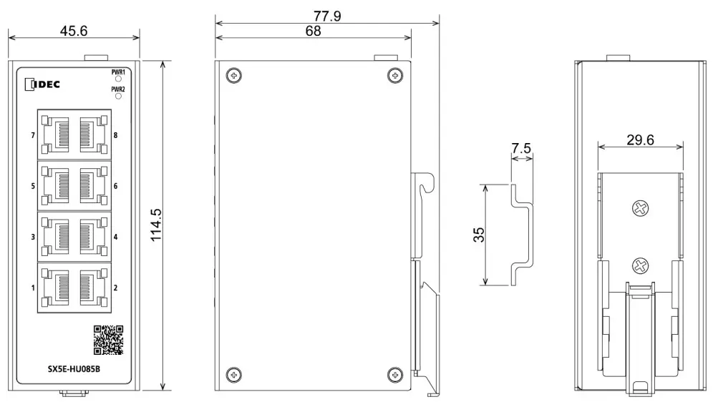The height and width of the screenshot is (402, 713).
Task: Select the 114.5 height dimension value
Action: [155, 225]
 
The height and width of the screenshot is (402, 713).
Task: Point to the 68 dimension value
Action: [313, 31]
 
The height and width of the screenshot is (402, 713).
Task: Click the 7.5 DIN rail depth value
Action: [522, 149]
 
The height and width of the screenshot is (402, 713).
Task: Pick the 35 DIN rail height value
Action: [479, 235]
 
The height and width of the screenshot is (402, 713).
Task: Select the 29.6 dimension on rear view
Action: [640, 139]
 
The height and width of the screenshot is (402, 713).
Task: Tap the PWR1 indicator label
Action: [118, 72]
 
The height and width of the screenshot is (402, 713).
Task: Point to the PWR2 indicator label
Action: [118, 89]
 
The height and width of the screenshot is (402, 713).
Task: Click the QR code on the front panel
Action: [109, 340]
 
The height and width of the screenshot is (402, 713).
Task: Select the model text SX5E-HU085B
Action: [69, 369]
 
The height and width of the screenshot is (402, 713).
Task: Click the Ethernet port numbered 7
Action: [54, 134]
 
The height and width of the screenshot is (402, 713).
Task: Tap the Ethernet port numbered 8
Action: [92, 134]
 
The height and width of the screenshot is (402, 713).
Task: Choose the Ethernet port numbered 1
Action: [54, 288]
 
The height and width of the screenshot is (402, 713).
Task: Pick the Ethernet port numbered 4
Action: [92, 236]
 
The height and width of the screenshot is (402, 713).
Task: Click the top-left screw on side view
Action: [233, 75]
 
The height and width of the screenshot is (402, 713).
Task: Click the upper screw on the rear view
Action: [640, 209]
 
